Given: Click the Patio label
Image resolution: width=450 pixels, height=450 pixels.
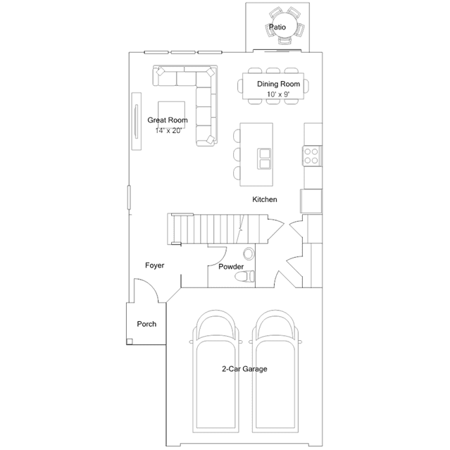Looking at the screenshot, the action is pyautogui.click(x=277, y=27).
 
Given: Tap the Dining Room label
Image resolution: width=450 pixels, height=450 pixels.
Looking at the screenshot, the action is pyautogui.click(x=278, y=84).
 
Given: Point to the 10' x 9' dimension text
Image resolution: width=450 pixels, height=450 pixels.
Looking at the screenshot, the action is pyautogui.click(x=278, y=94).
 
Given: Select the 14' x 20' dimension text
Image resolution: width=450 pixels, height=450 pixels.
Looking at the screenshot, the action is pyautogui.click(x=168, y=130).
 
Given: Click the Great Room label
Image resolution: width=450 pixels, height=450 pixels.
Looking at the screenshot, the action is pyautogui.click(x=168, y=120).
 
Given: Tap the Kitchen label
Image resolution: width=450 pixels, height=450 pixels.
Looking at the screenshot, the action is pyautogui.click(x=265, y=199).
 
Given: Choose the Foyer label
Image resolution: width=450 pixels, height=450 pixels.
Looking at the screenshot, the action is pyautogui.click(x=154, y=265).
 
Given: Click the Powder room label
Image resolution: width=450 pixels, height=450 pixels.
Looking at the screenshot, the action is pyautogui.click(x=231, y=267).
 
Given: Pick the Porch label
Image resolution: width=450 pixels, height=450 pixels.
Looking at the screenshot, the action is pyautogui.click(x=146, y=324).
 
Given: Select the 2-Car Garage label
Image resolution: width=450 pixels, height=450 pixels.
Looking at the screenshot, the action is pyautogui.click(x=244, y=369).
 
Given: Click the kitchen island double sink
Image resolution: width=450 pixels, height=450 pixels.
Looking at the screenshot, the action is pyautogui.click(x=264, y=158).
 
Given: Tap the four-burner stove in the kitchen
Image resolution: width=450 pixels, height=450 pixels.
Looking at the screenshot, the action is pyautogui.click(x=311, y=156).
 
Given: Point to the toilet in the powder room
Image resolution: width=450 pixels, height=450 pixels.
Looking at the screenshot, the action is pyautogui.click(x=244, y=276).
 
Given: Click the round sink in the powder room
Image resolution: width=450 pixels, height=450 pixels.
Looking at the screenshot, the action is pyautogui.click(x=249, y=254).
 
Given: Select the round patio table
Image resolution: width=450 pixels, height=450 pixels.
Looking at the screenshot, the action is pyautogui.click(x=286, y=25).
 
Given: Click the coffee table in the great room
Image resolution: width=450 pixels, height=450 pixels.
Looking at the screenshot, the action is pyautogui.click(x=171, y=115).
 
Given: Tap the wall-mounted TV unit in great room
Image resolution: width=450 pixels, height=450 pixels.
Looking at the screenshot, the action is pyautogui.click(x=137, y=121).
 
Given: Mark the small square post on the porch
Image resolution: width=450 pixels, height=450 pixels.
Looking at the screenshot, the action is pyautogui.click(x=130, y=342).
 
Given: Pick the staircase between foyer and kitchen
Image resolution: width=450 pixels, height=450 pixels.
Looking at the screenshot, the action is pyautogui.click(x=218, y=229).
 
